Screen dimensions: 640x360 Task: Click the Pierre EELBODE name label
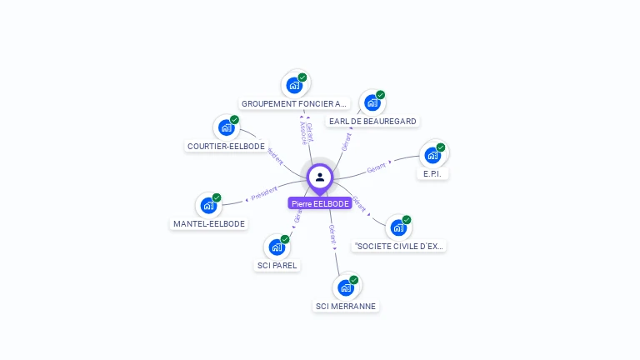click(320, 203)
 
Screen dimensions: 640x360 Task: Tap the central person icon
click(320, 177)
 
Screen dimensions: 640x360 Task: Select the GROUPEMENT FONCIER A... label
click(294, 104)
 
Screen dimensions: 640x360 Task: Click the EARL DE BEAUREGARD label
click(372, 122)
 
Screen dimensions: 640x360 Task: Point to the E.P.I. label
click(432, 174)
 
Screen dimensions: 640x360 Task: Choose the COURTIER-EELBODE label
click(226, 147)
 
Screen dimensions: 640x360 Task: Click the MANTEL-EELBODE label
click(208, 224)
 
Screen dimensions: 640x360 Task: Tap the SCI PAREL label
click(277, 266)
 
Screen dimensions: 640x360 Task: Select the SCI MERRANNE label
click(346, 307)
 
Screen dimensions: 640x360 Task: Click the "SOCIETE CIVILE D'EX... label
click(400, 247)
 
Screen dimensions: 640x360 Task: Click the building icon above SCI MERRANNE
click(346, 288)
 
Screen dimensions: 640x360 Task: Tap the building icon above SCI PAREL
click(277, 247)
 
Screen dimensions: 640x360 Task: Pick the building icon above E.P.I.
click(432, 155)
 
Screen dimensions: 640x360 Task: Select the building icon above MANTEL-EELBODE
click(207, 205)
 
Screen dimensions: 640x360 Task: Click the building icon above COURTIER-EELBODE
click(226, 127)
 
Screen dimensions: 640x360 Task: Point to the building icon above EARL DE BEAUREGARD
click(372, 102)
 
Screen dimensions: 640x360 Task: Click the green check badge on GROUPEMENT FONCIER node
click(302, 77)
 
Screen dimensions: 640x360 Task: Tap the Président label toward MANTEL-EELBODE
click(264, 193)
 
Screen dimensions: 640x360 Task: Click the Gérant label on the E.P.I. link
click(377, 168)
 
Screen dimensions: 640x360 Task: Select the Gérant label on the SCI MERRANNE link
click(332, 233)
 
